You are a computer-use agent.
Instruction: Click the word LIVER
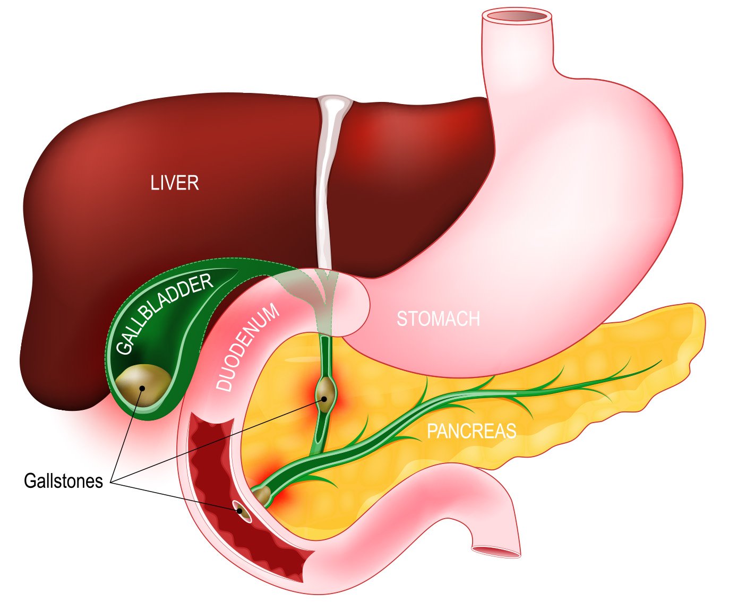(x=174, y=183)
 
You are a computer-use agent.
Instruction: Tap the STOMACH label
(x=438, y=319)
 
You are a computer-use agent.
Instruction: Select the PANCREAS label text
(x=471, y=431)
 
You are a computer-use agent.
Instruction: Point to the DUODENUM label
(x=248, y=348)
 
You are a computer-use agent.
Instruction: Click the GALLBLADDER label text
(x=164, y=314)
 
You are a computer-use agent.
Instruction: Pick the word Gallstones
(x=63, y=481)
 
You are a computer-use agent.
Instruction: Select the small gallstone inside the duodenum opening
(x=242, y=512)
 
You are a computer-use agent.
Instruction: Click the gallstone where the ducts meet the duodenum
(x=262, y=496)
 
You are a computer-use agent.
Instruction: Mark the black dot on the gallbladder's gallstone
(x=142, y=388)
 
